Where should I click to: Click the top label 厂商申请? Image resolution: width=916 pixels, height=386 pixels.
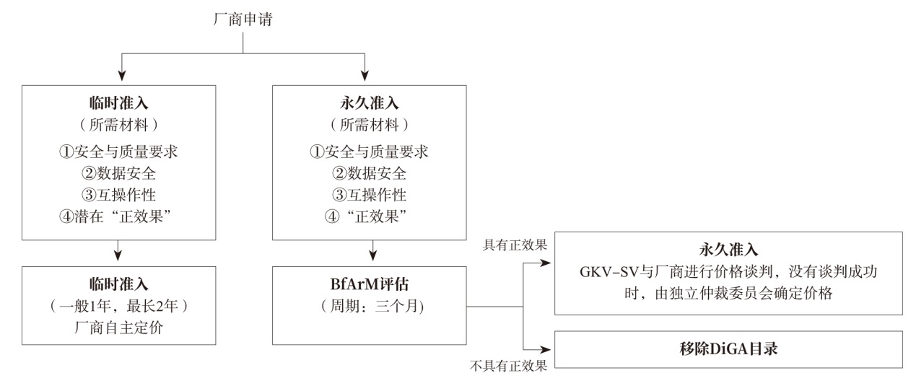pos(243,20)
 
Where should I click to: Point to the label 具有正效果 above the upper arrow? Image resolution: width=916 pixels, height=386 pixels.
pos(515,245)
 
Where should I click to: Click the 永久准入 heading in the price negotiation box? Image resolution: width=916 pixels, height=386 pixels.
pos(728,250)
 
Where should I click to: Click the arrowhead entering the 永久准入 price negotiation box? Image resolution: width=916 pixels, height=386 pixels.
pos(548,263)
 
